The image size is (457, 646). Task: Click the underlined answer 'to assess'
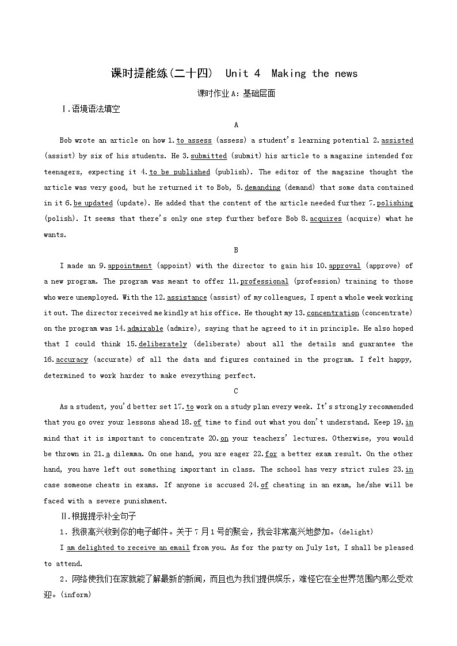click(194, 140)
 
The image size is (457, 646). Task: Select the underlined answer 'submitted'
click(209, 156)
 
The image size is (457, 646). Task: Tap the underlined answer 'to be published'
click(180, 172)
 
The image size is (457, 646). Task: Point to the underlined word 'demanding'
click(262, 188)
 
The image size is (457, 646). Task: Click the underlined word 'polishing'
click(395, 203)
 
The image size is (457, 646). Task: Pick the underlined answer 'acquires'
click(326, 219)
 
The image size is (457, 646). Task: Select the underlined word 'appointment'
click(130, 266)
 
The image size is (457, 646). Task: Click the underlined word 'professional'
click(264, 281)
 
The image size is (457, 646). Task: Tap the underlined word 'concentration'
click(333, 313)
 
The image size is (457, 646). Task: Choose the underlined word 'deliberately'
click(163, 344)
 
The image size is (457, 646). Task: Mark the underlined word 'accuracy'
click(72, 360)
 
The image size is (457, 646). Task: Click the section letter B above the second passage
click(236, 250)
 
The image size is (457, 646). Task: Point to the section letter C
click(236, 391)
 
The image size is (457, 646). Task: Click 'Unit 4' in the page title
click(243, 74)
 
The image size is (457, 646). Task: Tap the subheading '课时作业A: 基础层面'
click(236, 93)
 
